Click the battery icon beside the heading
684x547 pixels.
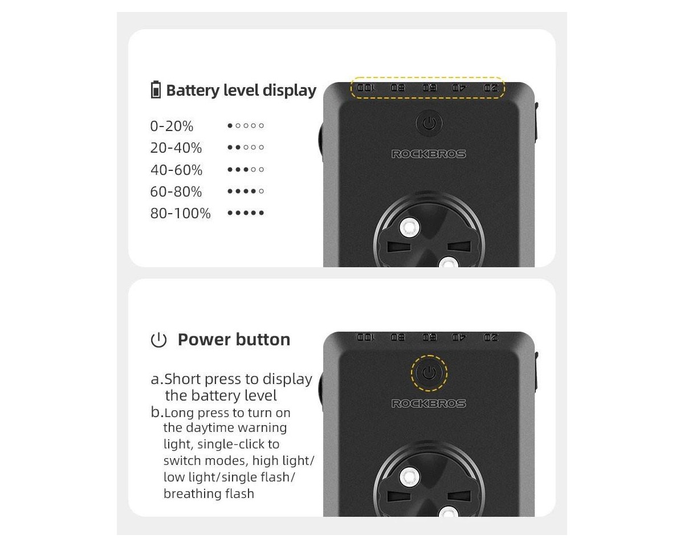point(156,90)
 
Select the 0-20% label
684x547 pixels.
point(172,126)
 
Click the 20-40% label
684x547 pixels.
point(176,148)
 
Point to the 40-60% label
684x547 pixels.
point(176,170)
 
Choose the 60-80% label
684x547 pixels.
point(176,191)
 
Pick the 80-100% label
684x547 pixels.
point(180,213)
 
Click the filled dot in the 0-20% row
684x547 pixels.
point(230,125)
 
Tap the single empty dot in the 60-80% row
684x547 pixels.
point(261,191)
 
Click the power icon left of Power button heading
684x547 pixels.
point(158,340)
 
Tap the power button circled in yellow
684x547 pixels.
point(429,373)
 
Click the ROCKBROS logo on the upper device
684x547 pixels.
point(429,154)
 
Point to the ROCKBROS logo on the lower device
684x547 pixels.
point(429,403)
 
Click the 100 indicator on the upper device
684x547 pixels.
point(366,87)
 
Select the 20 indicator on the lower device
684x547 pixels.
point(491,337)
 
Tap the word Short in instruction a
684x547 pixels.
point(182,379)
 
